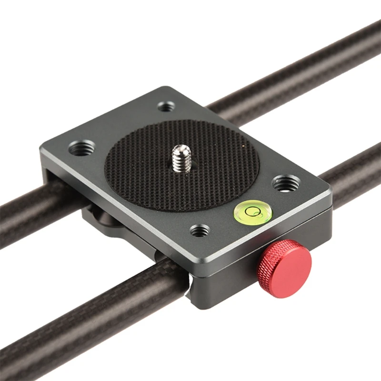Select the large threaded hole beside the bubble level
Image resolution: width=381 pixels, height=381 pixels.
click(286, 183)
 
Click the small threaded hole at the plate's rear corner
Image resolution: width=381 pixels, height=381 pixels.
click(166, 106)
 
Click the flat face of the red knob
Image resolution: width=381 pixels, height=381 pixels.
click(289, 263)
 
